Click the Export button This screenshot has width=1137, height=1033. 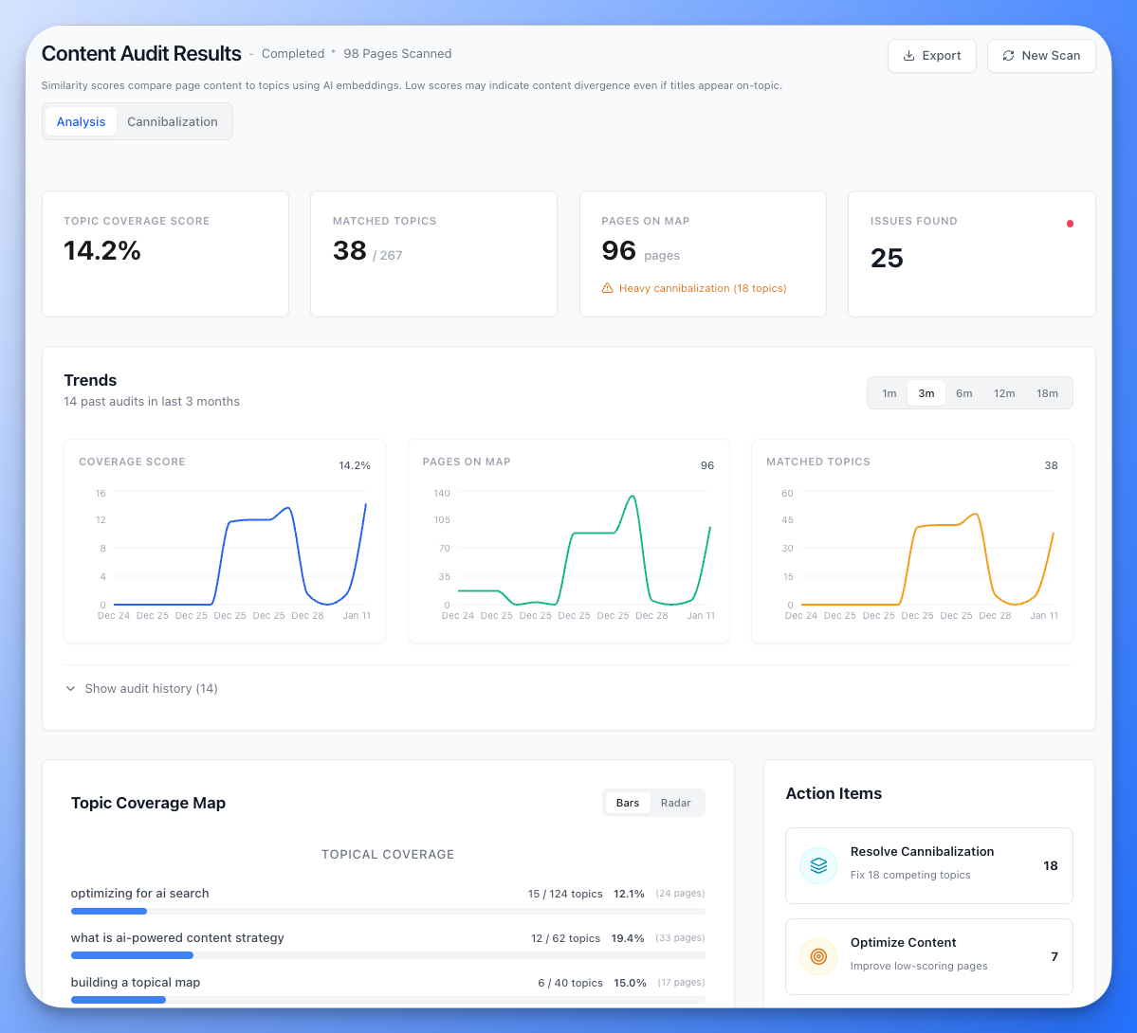[x=932, y=56]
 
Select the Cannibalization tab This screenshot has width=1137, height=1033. [x=173, y=121]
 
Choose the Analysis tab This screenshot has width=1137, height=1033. [x=81, y=121]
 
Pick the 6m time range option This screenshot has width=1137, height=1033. [x=963, y=393]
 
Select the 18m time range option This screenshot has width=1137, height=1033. [x=1047, y=393]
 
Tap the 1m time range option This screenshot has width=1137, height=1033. [x=889, y=393]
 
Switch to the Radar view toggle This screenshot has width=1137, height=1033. [x=675, y=803]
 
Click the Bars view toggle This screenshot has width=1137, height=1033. [x=628, y=803]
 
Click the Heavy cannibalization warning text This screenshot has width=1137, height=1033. [x=702, y=288]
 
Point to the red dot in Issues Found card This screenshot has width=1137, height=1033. [x=1070, y=224]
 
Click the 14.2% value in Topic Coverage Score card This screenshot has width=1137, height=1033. [x=102, y=251]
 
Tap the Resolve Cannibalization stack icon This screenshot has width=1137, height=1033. [x=818, y=865]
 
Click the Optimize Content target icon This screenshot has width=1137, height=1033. [x=818, y=956]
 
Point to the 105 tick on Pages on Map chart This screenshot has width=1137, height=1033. [x=442, y=520]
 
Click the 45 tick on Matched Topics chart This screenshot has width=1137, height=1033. [x=787, y=520]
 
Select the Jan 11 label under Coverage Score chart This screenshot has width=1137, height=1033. [x=357, y=616]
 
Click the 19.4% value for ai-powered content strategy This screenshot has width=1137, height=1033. [x=628, y=938]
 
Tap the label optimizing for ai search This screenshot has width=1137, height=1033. [x=140, y=894]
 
